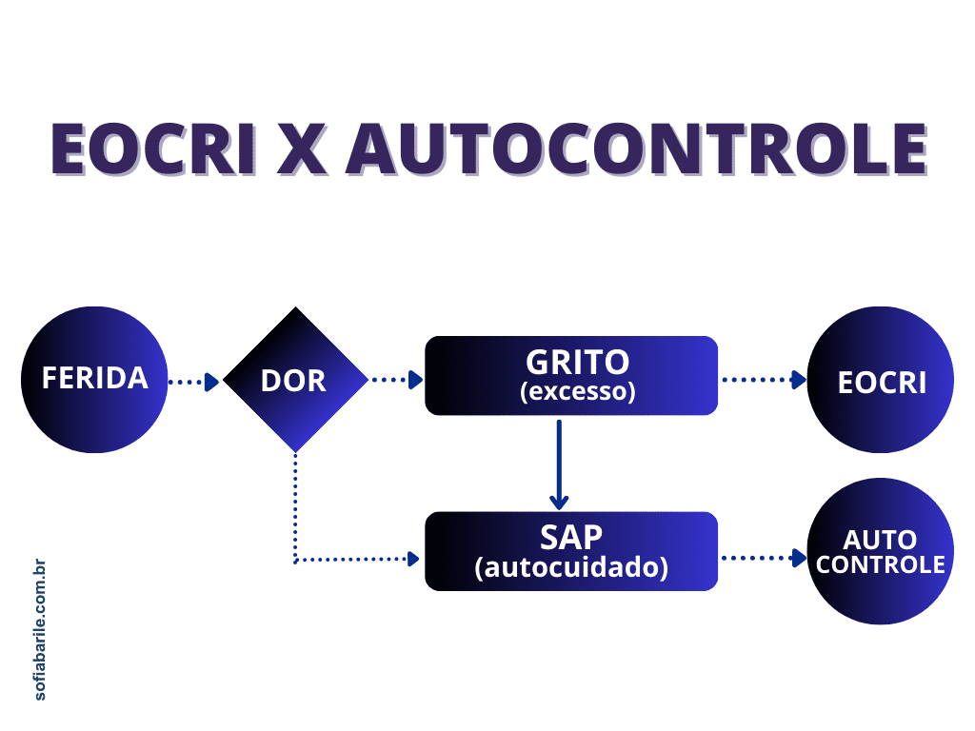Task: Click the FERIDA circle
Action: click(x=94, y=379)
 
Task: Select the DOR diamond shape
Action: click(x=294, y=380)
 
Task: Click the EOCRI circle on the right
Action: click(x=881, y=380)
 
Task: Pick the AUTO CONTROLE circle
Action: click(x=881, y=552)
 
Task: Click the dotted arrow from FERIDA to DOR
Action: click(x=193, y=382)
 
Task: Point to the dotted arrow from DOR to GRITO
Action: click(x=396, y=381)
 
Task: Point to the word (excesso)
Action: click(x=578, y=391)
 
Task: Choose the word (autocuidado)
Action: click(x=571, y=568)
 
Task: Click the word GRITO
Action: click(x=578, y=362)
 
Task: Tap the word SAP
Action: click(x=571, y=537)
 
